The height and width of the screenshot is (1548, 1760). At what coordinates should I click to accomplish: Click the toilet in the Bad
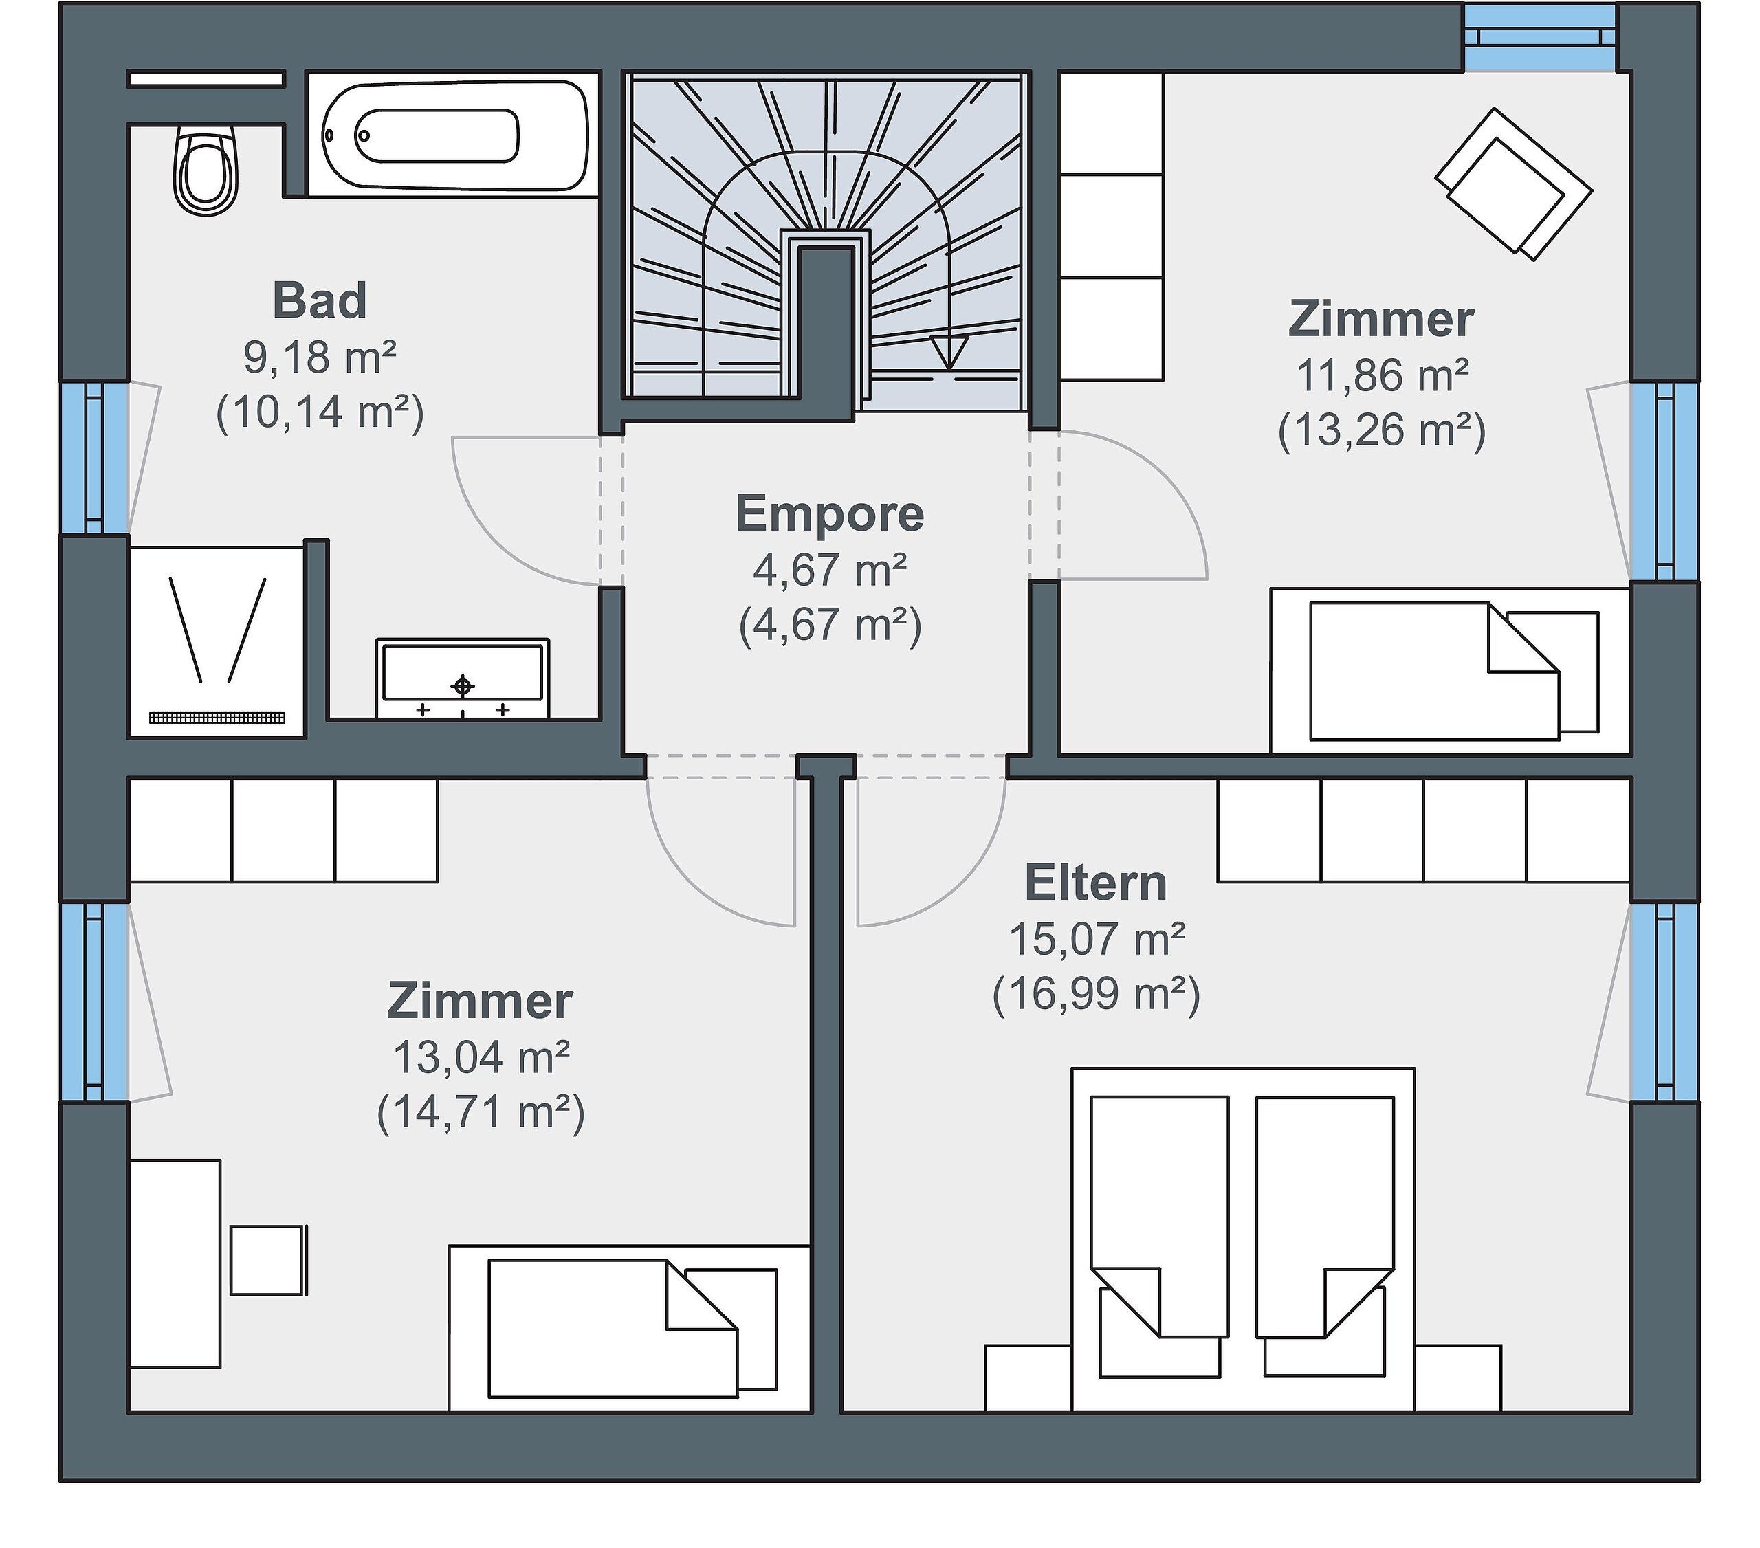tap(205, 170)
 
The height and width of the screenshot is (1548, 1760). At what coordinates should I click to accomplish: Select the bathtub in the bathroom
tap(453, 136)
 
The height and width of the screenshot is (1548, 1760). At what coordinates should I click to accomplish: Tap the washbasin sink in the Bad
tap(463, 678)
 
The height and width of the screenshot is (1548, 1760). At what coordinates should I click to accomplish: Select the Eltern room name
tap(1095, 883)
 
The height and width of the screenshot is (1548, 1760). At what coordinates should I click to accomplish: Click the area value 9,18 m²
tap(320, 357)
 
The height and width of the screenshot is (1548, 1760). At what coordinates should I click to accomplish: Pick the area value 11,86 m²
tap(1382, 375)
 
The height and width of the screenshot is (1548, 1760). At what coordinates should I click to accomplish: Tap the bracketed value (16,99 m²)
tap(1096, 995)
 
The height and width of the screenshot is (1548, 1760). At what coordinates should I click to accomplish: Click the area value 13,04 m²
tap(481, 1057)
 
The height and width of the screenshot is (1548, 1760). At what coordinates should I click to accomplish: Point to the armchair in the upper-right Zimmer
tap(1513, 184)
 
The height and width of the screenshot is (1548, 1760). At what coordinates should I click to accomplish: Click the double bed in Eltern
tap(1242, 1240)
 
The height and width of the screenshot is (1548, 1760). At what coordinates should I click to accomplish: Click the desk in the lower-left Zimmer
tap(175, 1264)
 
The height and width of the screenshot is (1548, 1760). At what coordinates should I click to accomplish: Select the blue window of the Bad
tap(95, 458)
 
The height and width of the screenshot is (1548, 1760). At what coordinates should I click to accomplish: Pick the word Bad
tap(320, 300)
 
